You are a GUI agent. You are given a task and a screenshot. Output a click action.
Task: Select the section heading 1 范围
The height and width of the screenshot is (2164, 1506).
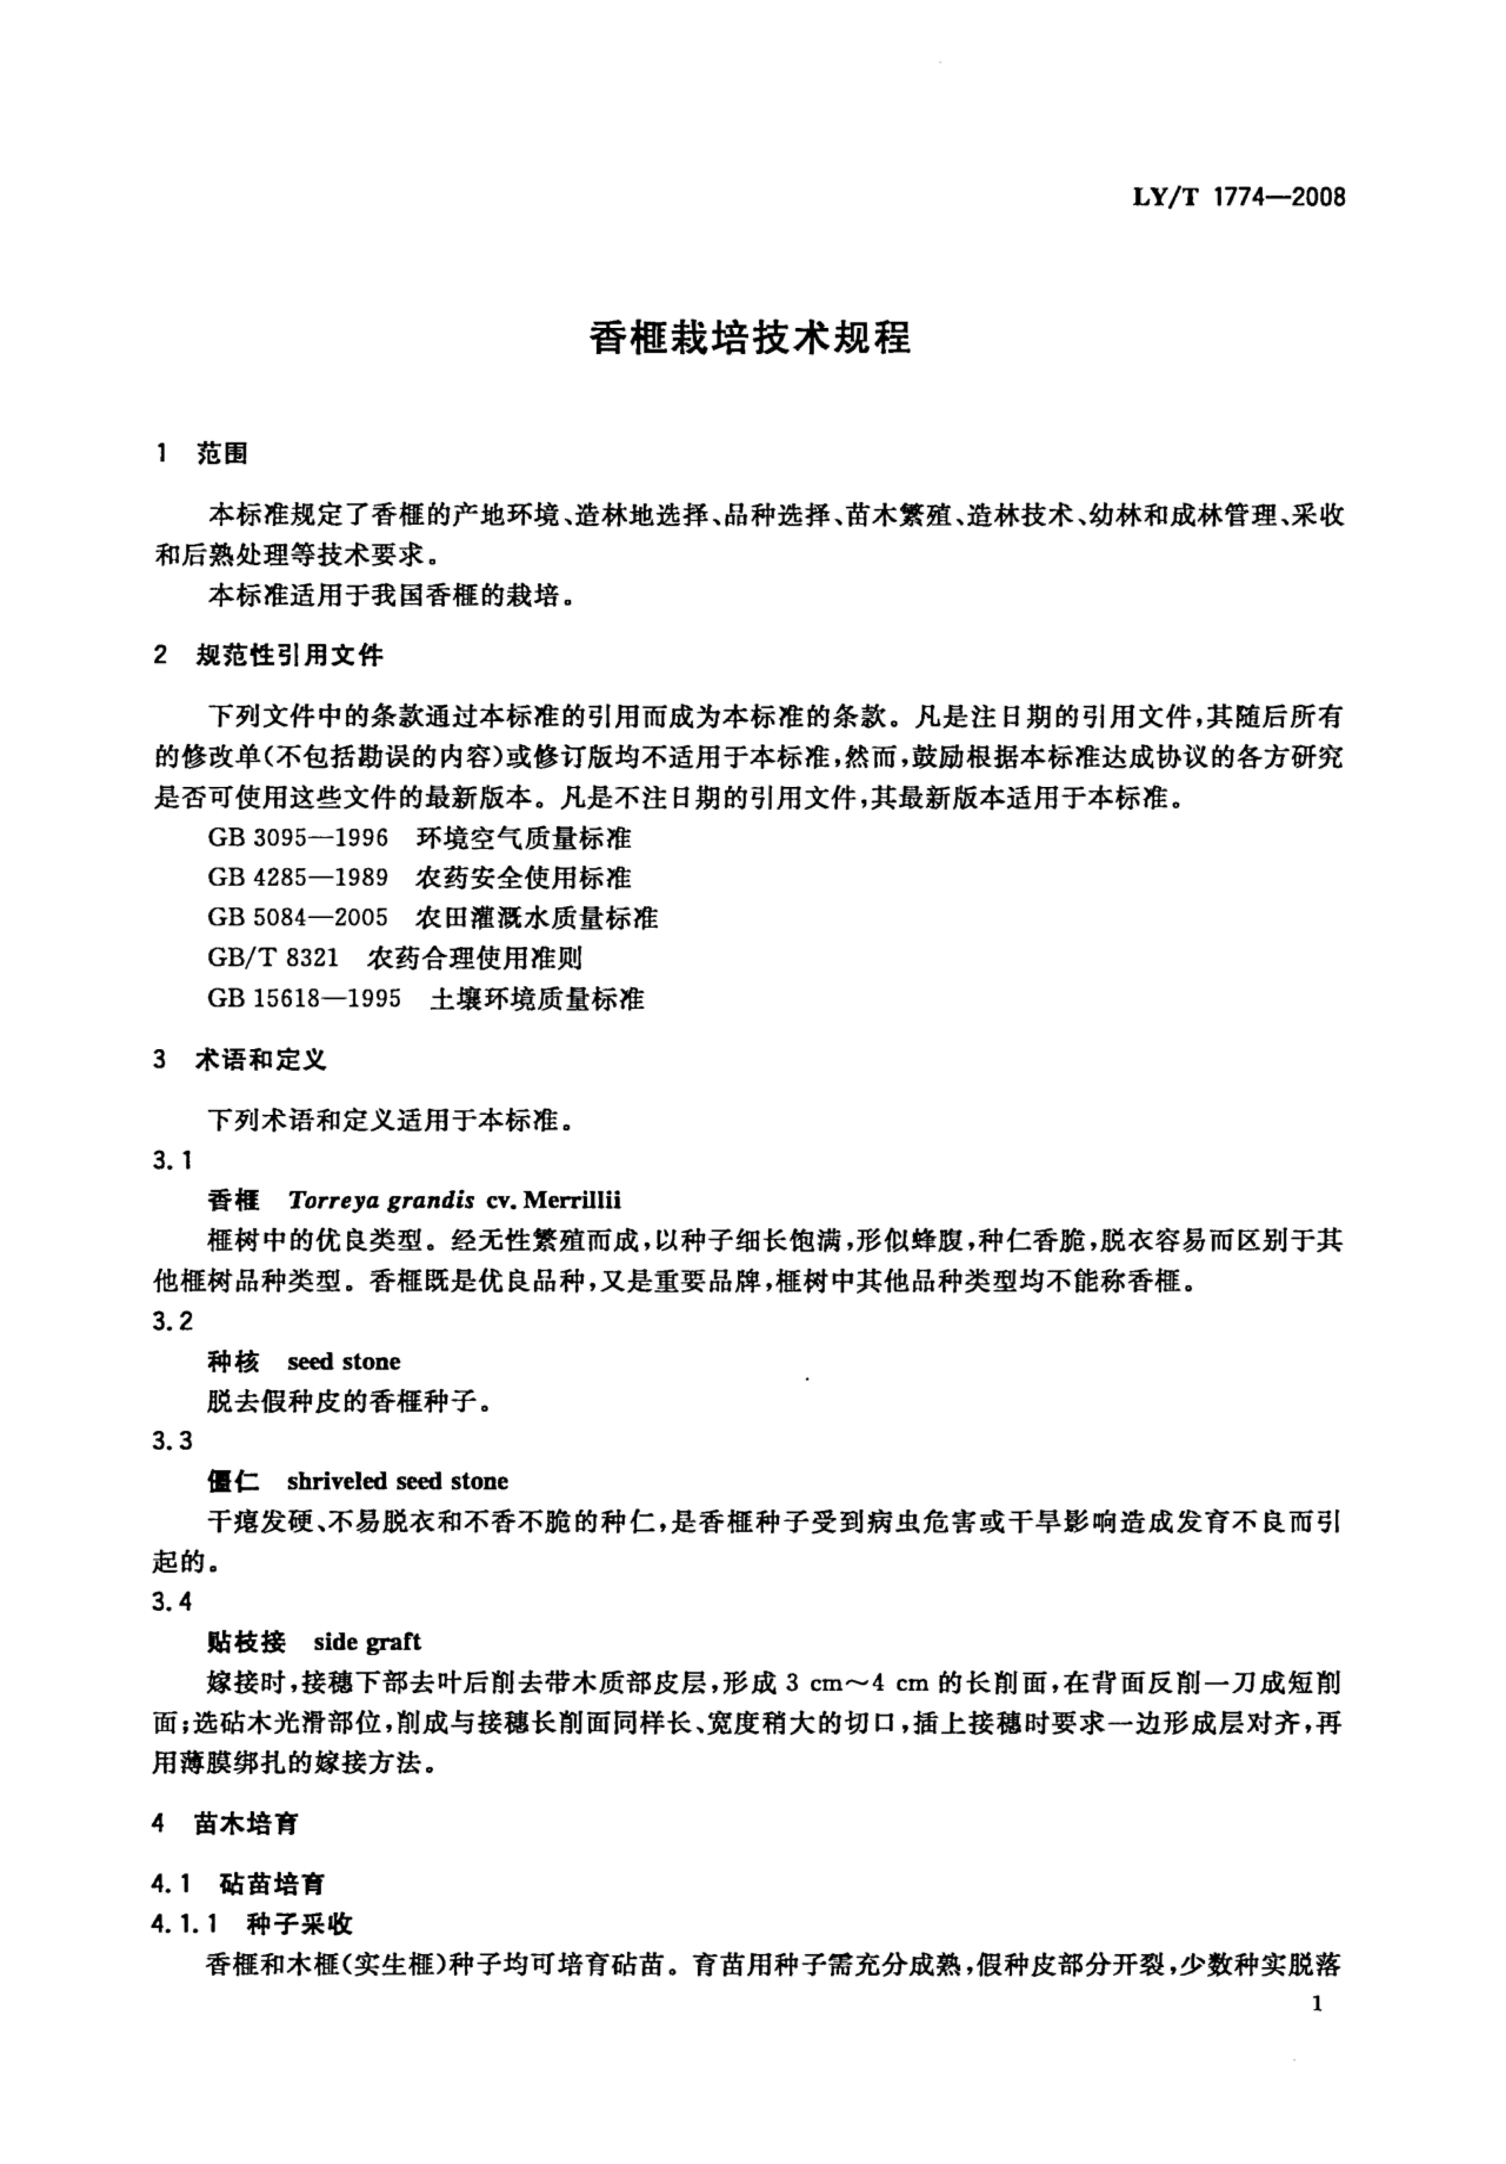point(202,454)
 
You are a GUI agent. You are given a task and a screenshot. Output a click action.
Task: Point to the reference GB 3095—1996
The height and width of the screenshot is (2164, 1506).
point(298,838)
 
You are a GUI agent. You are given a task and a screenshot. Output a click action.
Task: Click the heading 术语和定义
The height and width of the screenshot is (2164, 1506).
point(260,1060)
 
